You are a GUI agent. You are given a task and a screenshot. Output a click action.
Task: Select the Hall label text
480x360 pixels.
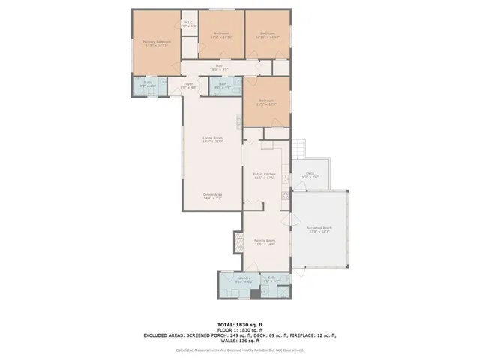point(219,67)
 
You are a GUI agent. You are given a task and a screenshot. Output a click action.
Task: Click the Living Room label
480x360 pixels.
point(212,139)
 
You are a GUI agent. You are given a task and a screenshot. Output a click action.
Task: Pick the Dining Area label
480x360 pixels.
point(212,196)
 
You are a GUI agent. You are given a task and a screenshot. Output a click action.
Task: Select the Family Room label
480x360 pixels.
point(265,242)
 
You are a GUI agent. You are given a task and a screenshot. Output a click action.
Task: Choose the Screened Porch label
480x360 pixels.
point(319,230)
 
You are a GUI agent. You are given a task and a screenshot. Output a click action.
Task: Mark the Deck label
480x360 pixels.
point(310,175)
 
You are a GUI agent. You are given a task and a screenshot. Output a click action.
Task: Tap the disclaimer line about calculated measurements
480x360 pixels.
point(240,349)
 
